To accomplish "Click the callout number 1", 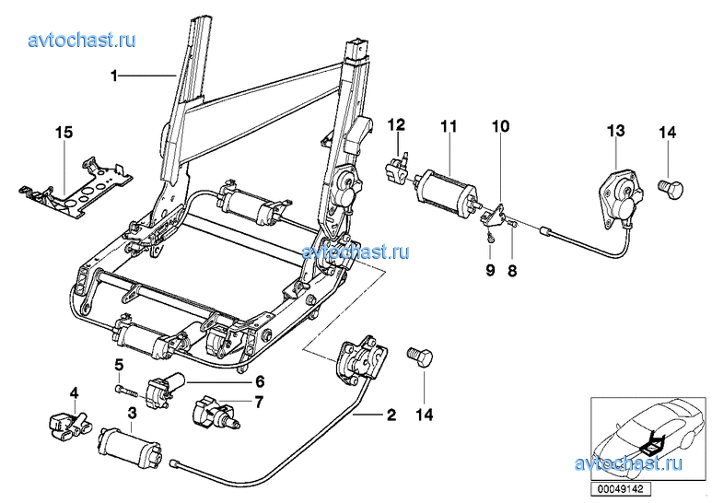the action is [114, 76].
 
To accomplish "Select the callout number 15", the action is [64, 133].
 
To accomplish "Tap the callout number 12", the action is [396, 124].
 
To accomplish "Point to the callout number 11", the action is [449, 125].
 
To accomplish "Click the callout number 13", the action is [616, 131].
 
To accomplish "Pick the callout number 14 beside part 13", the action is [668, 133].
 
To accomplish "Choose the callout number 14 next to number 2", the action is [424, 415].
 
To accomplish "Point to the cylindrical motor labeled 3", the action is [130, 449].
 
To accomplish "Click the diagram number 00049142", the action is [620, 489].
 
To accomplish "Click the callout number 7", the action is [258, 403].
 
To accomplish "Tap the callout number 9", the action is [490, 270].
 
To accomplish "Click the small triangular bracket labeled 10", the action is [494, 216].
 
